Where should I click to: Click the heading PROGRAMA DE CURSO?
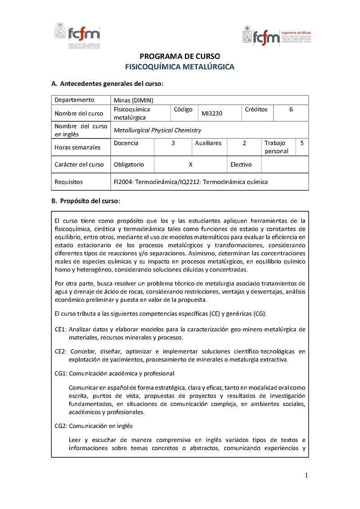coord(180,57)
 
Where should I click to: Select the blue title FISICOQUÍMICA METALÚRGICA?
coord(180,67)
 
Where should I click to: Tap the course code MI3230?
coord(212,114)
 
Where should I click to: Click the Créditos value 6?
coord(291,109)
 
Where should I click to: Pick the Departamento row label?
coord(74,100)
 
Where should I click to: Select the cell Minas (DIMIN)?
coord(134,100)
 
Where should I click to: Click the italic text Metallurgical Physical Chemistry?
coord(157,130)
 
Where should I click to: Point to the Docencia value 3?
coord(173,143)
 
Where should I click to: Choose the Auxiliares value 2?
coord(244,143)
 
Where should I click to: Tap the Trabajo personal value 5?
coord(301,143)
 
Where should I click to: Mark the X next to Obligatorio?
coord(191,165)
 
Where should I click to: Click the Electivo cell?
coord(241,165)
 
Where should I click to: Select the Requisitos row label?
coord(68,182)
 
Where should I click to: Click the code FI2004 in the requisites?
coord(124,182)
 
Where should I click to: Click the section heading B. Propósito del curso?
coord(86,201)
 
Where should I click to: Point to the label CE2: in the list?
coord(61,351)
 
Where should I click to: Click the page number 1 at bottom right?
coord(306,476)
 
